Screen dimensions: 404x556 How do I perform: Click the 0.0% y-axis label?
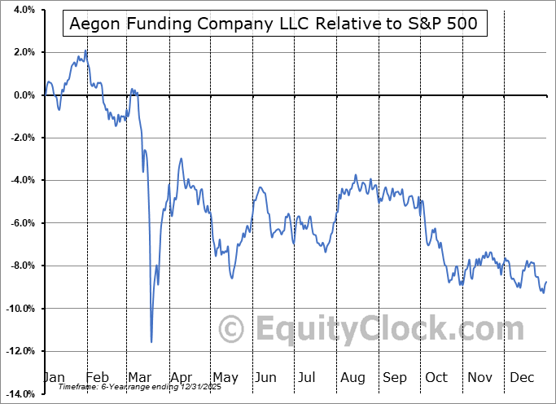tap(23, 95)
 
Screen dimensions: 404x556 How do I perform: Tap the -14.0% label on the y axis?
tap(20, 394)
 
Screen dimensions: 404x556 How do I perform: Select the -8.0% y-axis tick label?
tap(21, 266)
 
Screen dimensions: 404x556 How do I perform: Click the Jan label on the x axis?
tap(55, 378)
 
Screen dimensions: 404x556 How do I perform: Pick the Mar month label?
tap(140, 378)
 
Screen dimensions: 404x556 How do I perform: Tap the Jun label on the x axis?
tap(265, 378)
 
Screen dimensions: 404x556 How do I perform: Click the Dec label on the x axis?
tap(522, 378)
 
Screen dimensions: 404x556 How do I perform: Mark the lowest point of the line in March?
tap(151, 342)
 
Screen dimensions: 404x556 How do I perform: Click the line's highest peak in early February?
tap(86, 50)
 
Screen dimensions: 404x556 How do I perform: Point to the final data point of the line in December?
tap(546, 282)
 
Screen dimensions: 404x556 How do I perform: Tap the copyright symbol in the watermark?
tap(233, 329)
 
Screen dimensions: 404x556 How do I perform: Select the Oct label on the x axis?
tap(436, 378)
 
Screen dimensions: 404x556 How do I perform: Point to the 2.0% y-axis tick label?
tap(23, 52)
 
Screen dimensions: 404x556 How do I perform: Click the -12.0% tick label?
tap(20, 351)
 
